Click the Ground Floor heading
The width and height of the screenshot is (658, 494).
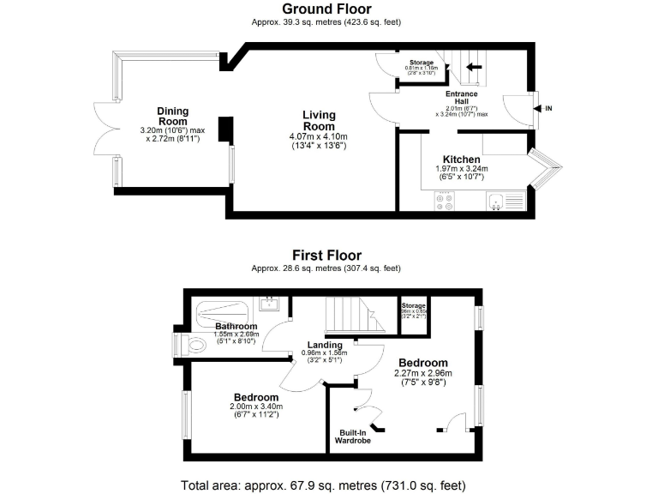tap(326, 9)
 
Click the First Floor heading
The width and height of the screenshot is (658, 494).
tap(326, 255)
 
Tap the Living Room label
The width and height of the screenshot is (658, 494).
tap(319, 120)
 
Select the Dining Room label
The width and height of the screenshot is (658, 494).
tap(173, 116)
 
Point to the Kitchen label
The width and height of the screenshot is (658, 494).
tap(461, 160)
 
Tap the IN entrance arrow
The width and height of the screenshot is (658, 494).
tap(537, 109)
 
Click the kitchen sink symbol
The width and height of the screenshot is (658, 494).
tap(496, 200)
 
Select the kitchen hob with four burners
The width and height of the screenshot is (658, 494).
tap(445, 201)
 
